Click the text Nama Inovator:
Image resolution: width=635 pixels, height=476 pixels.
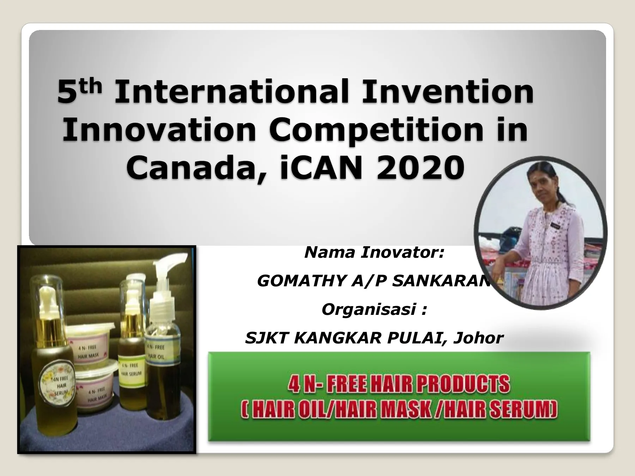374,253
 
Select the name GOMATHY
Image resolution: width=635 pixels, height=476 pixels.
302,281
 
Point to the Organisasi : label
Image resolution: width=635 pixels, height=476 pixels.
374,310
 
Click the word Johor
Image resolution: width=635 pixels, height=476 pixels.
478,338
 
